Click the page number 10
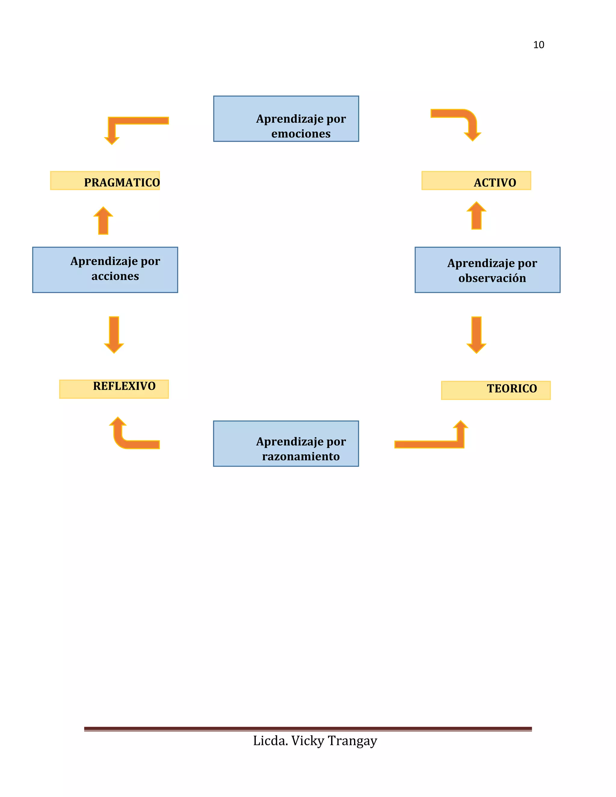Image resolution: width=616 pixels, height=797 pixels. tap(538, 45)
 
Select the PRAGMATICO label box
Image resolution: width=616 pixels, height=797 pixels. tap(105, 181)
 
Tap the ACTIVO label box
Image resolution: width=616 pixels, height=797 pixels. tap(476, 181)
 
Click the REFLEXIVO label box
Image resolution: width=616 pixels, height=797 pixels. tap(114, 389)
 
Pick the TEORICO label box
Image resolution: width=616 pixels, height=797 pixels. tap(496, 390)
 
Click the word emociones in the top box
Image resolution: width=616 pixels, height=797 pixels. tap(301, 134)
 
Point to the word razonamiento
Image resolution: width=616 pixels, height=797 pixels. tap(301, 456)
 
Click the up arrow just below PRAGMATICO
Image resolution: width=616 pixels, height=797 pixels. tap(103, 221)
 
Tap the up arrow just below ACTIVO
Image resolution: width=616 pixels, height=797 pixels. tap(476, 216)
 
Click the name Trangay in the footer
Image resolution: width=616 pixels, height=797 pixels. tap(352, 741)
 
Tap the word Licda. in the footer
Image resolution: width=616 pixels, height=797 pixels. tap(270, 741)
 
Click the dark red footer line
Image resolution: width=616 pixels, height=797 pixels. tap(308, 729)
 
